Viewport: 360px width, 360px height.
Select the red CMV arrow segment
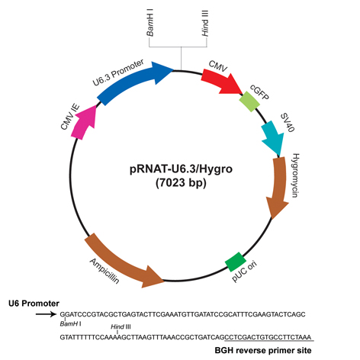220,82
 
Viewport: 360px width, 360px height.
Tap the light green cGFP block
249,101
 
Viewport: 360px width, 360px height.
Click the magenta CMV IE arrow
84,123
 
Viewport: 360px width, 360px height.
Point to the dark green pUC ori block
236,262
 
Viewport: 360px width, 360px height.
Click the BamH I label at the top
150,23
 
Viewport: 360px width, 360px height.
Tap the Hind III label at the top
205,23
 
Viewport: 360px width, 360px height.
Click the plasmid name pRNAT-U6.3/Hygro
181,169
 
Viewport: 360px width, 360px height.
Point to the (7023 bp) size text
181,183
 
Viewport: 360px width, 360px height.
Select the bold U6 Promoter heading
34,304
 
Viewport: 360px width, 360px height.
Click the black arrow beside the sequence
46,314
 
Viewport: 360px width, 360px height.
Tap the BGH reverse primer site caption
263,350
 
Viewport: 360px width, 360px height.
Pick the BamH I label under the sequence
71,324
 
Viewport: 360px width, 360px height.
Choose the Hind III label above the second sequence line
121,326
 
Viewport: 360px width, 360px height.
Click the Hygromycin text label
295,175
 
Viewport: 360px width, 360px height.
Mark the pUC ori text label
245,272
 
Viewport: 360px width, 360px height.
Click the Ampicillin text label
104,271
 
